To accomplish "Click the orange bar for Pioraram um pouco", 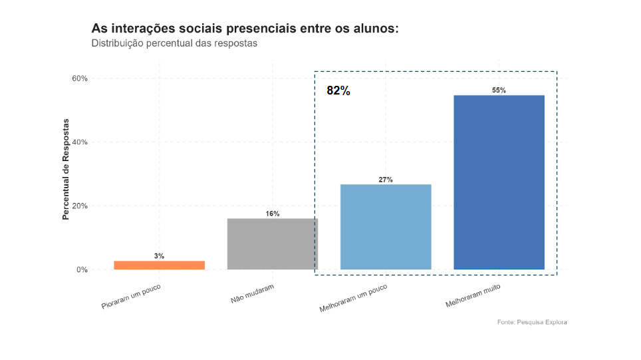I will (x=159, y=265).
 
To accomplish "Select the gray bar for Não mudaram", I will (x=272, y=244).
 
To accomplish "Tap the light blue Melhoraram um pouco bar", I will (x=386, y=226).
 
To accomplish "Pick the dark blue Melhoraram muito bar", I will (x=499, y=182).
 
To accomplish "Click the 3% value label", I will (x=159, y=256).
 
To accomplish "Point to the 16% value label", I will (x=273, y=214).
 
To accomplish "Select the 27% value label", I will (x=386, y=180).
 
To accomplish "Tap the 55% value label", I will (x=499, y=90).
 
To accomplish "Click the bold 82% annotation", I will (x=338, y=91).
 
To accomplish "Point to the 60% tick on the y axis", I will (x=79, y=79).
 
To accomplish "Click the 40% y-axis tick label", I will (x=79, y=142).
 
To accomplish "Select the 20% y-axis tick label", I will (x=79, y=206).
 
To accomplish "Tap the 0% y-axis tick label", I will (x=82, y=270).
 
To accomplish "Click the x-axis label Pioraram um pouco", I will (x=132, y=297).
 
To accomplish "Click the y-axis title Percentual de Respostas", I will (x=66, y=169).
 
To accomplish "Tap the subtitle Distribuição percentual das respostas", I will (x=174, y=43).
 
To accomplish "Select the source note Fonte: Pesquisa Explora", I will (x=531, y=322).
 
